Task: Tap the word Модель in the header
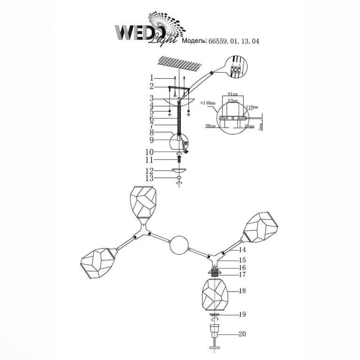(x=194, y=41)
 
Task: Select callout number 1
(x=152, y=78)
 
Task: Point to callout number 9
(x=152, y=140)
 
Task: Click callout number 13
(x=149, y=178)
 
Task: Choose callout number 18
(x=242, y=291)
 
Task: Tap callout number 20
(x=242, y=334)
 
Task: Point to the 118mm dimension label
(x=253, y=107)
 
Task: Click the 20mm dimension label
(x=210, y=126)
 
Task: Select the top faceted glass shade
(x=144, y=202)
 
